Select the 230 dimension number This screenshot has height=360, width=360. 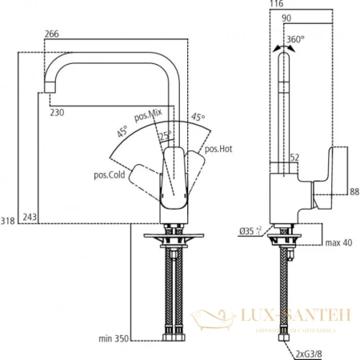click(x=56, y=113)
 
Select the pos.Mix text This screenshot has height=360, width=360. click(x=149, y=118)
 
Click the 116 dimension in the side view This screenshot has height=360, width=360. click(x=277, y=5)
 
